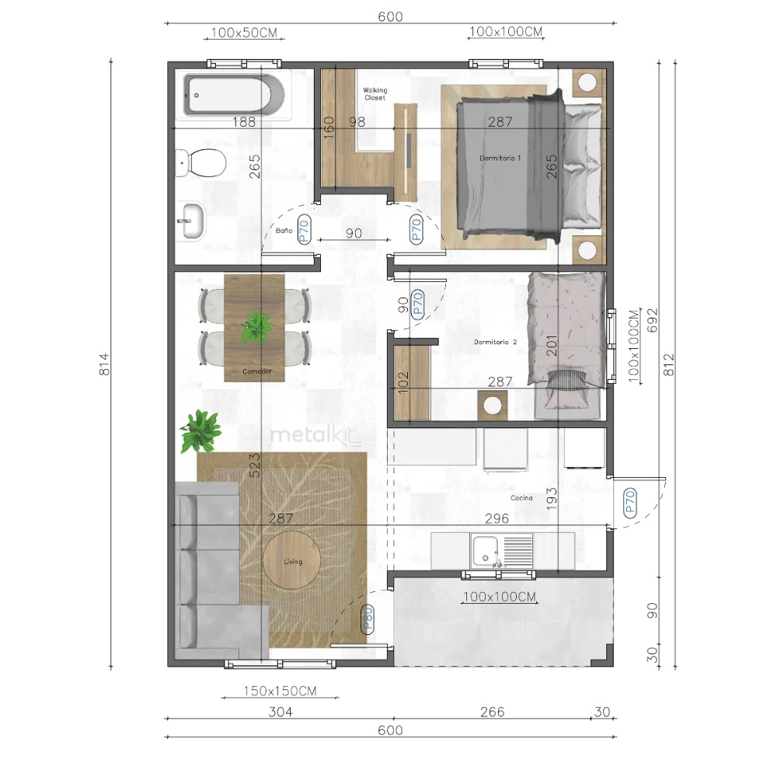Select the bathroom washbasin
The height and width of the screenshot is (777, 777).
190,221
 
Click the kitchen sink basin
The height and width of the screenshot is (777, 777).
485,551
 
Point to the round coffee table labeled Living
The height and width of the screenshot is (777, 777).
291,560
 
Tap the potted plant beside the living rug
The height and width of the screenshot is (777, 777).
200,430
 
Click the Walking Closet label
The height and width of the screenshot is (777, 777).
375,94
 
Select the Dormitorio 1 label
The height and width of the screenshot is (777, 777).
500,158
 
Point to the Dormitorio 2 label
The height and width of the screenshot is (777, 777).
495,342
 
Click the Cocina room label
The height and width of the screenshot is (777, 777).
522,498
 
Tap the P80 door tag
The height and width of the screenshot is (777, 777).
368,618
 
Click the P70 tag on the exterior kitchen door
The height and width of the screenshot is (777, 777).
630,503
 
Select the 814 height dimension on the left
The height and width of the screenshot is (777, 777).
104,364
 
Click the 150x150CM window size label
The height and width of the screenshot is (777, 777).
280,691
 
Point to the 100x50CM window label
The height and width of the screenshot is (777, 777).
244,33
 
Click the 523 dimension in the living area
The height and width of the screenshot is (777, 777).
254,465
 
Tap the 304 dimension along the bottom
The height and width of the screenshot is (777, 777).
280,712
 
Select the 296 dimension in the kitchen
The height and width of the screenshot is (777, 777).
497,518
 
